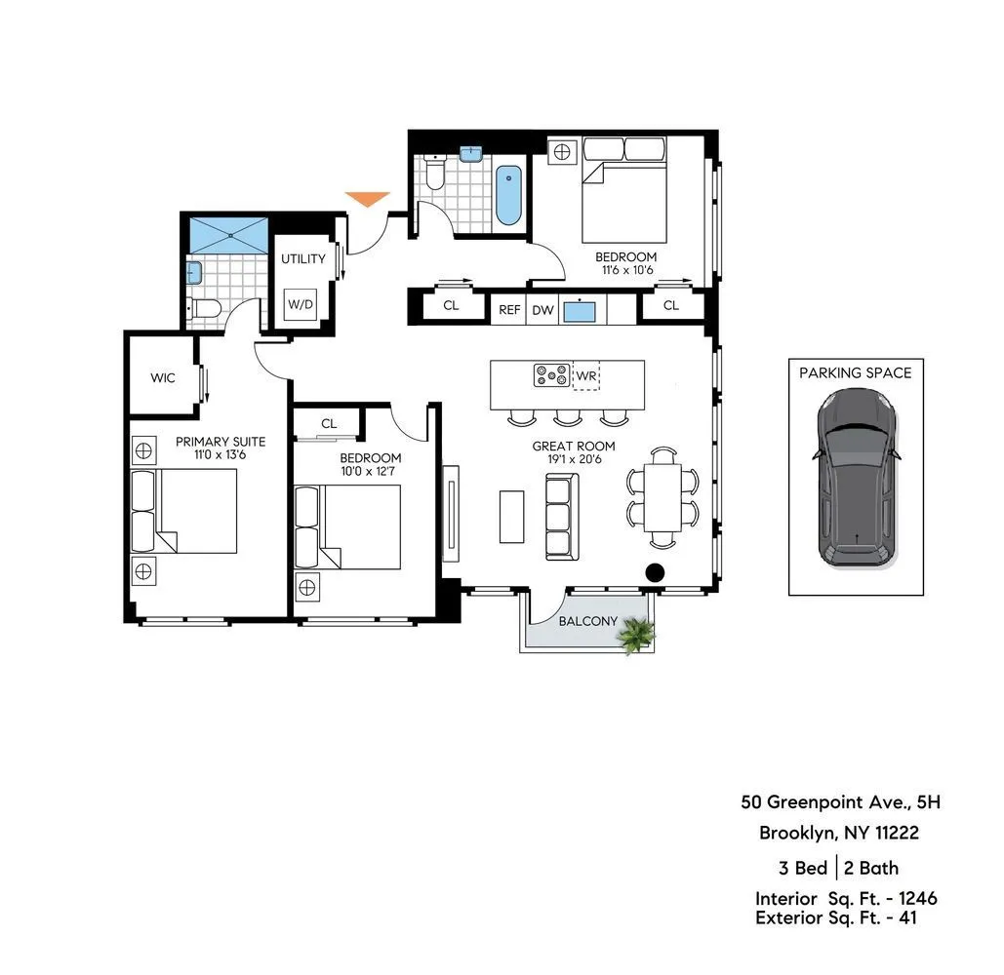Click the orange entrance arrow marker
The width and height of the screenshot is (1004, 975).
367,199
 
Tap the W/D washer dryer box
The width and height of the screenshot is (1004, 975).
301,304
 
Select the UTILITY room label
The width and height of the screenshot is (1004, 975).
303,259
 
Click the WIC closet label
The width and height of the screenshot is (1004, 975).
163,377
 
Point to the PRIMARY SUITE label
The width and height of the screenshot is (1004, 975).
221,442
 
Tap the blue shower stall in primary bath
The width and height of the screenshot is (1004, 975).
227,235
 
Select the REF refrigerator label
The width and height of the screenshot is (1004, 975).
508,309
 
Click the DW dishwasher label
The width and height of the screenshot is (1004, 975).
542,309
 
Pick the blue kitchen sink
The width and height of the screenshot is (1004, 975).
582,309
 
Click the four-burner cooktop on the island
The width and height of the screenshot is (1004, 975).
551,374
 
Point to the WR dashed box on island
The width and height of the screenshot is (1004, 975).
586,375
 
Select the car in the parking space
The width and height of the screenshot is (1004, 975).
856,479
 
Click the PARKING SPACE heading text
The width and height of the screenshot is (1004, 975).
856,372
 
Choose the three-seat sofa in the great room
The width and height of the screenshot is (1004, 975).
561,516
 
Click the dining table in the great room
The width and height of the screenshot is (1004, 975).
663,496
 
